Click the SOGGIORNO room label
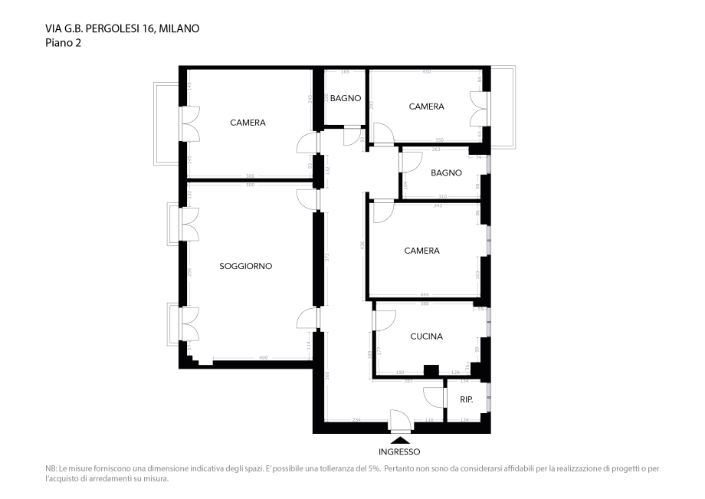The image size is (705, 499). tap(245, 267)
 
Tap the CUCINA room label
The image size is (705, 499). tap(426, 336)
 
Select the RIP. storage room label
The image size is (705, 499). tap(466, 400)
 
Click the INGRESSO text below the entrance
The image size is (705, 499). tap(399, 452)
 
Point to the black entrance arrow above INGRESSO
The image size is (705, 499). tap(399, 439)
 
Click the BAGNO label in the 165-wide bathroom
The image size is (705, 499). tap(345, 98)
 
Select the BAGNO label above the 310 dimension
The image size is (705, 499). tap(446, 173)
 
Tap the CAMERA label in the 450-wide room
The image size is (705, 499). tap(426, 107)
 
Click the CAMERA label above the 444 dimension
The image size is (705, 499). tap(421, 251)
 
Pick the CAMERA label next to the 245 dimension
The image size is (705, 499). tap(248, 123)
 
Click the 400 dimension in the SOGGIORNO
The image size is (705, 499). tap(263, 358)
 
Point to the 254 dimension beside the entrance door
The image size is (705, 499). tap(356, 420)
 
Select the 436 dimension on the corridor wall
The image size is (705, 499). tap(362, 245)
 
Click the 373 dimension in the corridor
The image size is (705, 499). tap(326, 258)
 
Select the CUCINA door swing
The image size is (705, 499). tap(385, 320)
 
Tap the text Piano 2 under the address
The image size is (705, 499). tap(63, 43)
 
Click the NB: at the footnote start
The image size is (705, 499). tap(51, 468)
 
